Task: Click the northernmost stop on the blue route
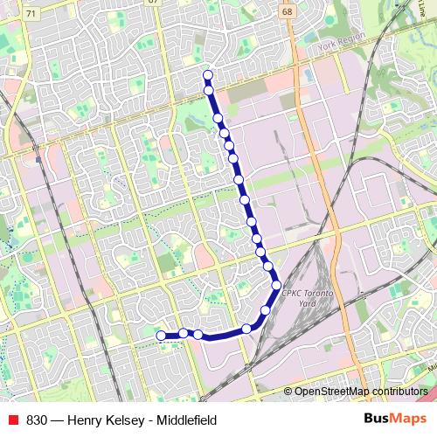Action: [x=207, y=74]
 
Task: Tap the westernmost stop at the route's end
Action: [x=161, y=335]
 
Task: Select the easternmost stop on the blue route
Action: [x=276, y=285]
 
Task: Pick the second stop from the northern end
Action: [x=209, y=90]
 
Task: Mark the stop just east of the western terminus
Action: [x=184, y=333]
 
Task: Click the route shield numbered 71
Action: [x=32, y=14]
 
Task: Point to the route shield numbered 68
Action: [x=287, y=12]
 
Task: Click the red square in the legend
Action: [x=12, y=420]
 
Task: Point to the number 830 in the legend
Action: [x=37, y=420]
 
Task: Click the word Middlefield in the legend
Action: [x=184, y=420]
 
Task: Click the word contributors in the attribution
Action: [x=401, y=391]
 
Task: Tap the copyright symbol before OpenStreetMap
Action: [x=288, y=391]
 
